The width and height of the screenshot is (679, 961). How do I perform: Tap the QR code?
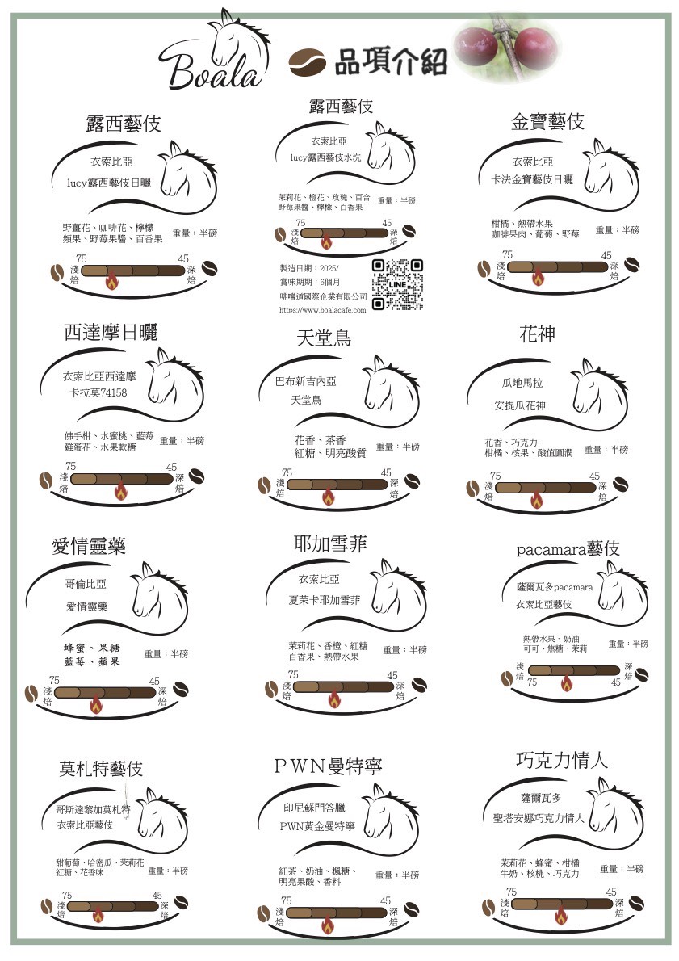397,284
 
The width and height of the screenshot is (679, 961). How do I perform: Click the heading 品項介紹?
390,62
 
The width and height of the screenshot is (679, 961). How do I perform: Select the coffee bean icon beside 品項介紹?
308,62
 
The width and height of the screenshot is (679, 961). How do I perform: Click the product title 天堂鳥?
324,338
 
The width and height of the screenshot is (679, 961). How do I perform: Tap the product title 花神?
537,334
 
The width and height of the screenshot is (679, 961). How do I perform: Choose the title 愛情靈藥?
89,545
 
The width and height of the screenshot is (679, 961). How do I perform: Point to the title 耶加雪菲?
330,543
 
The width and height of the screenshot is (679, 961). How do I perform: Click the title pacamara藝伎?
568,548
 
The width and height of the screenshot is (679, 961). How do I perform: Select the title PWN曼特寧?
328,766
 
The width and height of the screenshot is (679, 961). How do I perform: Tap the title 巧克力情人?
561,760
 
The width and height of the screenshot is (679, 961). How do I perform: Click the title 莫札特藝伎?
101,769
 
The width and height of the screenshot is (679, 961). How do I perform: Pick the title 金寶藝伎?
547,121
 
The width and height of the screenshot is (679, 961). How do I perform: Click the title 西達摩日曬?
111,332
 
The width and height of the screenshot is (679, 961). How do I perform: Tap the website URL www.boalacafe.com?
322,310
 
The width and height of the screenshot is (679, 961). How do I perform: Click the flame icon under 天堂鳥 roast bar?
329,497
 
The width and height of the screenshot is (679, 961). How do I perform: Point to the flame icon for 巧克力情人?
561,916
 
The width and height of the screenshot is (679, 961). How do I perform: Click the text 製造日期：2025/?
309,268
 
